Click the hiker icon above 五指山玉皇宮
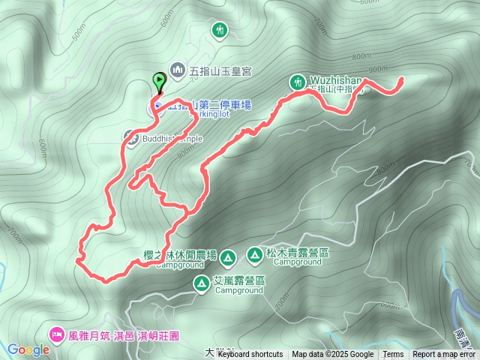pyautogui.click(x=220, y=31)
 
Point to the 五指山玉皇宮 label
pyautogui.click(x=221, y=70)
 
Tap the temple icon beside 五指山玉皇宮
pyautogui.click(x=178, y=70)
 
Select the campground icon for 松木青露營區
pyautogui.click(x=255, y=256)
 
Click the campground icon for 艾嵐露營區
pyautogui.click(x=202, y=283)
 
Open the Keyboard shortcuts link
pyautogui.click(x=250, y=355)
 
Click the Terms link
pyautogui.click(x=393, y=355)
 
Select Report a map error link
pyautogui.click(x=444, y=355)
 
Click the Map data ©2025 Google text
pyautogui.click(x=333, y=355)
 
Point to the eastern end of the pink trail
pyautogui.click(x=402, y=79)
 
